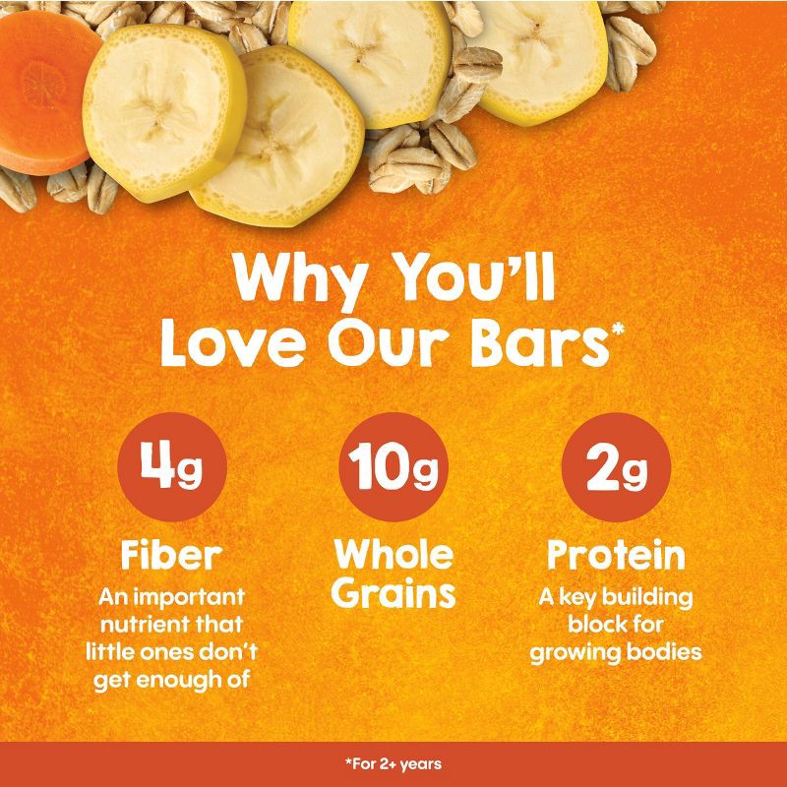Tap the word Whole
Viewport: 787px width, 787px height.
pos(393,554)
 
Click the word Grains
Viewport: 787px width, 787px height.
pos(393,594)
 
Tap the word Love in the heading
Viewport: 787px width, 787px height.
pos(219,347)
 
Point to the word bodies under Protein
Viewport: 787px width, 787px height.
pos(666,650)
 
